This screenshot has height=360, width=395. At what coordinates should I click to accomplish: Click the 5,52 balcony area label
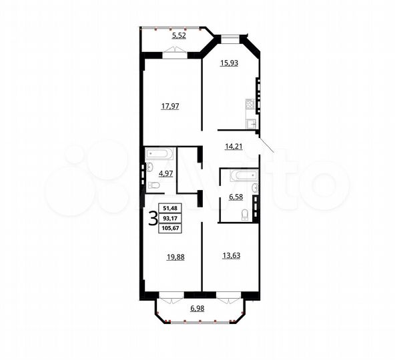click(179, 35)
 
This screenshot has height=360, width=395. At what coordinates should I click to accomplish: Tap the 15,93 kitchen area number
click(230, 64)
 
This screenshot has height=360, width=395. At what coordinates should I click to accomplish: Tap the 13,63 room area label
click(230, 254)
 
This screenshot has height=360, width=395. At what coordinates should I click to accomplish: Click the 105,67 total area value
click(172, 227)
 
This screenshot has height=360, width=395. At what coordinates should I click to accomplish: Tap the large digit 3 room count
click(153, 219)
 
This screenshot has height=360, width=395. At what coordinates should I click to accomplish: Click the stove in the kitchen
click(250, 105)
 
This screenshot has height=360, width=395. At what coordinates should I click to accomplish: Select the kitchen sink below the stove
click(251, 123)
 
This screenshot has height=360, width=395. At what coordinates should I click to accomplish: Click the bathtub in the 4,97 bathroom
click(159, 154)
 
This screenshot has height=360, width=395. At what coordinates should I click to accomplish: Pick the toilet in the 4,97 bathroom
click(152, 185)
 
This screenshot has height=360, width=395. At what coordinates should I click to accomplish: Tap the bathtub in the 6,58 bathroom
click(241, 177)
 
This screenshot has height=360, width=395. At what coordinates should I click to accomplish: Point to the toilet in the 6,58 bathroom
click(245, 213)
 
